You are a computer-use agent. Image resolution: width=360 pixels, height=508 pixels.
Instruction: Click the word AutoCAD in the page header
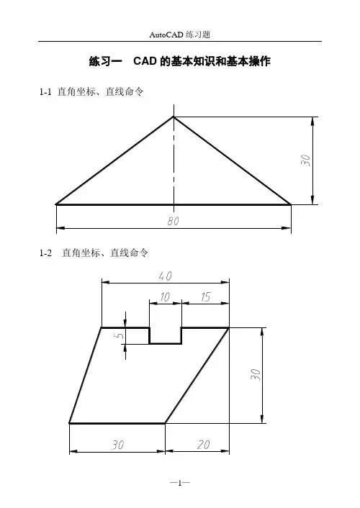coord(166,35)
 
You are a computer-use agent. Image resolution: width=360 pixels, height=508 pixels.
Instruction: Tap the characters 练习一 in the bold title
coord(105,61)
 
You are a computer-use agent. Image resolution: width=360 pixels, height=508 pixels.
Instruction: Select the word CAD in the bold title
coord(145,61)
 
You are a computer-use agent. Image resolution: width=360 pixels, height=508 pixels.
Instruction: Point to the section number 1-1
coord(45,92)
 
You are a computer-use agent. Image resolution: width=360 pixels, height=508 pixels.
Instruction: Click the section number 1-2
coord(45,253)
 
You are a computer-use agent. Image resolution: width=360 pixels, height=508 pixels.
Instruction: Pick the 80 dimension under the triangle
coord(174,221)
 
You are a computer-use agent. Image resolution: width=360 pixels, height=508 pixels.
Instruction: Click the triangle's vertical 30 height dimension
coord(305,160)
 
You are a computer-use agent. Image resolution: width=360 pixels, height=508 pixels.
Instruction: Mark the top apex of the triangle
coord(174,117)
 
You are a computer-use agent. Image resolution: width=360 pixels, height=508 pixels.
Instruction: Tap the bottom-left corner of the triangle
coord(56,204)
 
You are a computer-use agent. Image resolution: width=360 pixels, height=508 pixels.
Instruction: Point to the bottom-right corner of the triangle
coord(291,204)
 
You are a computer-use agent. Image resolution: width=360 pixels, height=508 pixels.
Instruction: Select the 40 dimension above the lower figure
coord(165,276)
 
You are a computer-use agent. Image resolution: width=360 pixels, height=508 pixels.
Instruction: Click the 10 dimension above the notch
coord(165,296)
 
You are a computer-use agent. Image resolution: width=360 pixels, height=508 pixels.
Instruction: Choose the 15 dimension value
coord(206,296)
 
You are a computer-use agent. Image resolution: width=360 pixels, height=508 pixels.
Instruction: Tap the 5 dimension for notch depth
coord(120,335)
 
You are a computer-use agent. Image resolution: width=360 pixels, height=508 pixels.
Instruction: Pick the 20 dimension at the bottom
coord(203,445)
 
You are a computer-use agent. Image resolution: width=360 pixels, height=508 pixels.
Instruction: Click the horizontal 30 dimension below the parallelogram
coord(117,445)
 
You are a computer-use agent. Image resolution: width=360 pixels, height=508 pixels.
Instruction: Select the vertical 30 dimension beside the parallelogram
coord(256,374)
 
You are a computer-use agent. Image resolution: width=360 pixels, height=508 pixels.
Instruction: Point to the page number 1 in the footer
coord(180,483)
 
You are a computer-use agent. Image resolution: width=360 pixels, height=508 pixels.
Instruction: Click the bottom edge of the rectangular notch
coord(166,343)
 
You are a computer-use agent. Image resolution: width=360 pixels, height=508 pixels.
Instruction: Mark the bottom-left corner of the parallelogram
coord(69,423)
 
